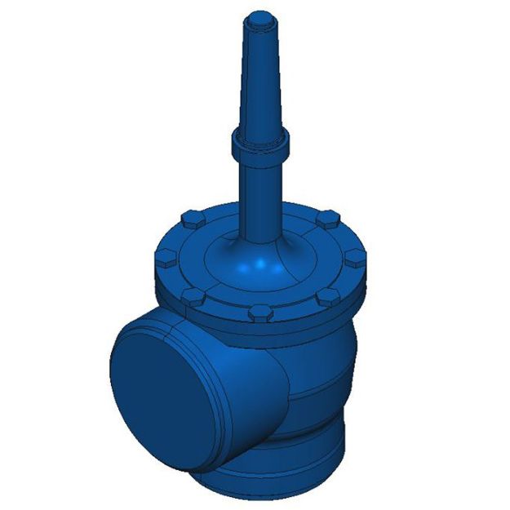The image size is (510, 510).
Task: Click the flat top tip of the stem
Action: pyautogui.click(x=261, y=16)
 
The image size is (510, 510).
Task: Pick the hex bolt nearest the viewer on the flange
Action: pyautogui.click(x=259, y=313)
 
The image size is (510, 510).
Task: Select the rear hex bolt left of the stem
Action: pyautogui.click(x=189, y=218)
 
